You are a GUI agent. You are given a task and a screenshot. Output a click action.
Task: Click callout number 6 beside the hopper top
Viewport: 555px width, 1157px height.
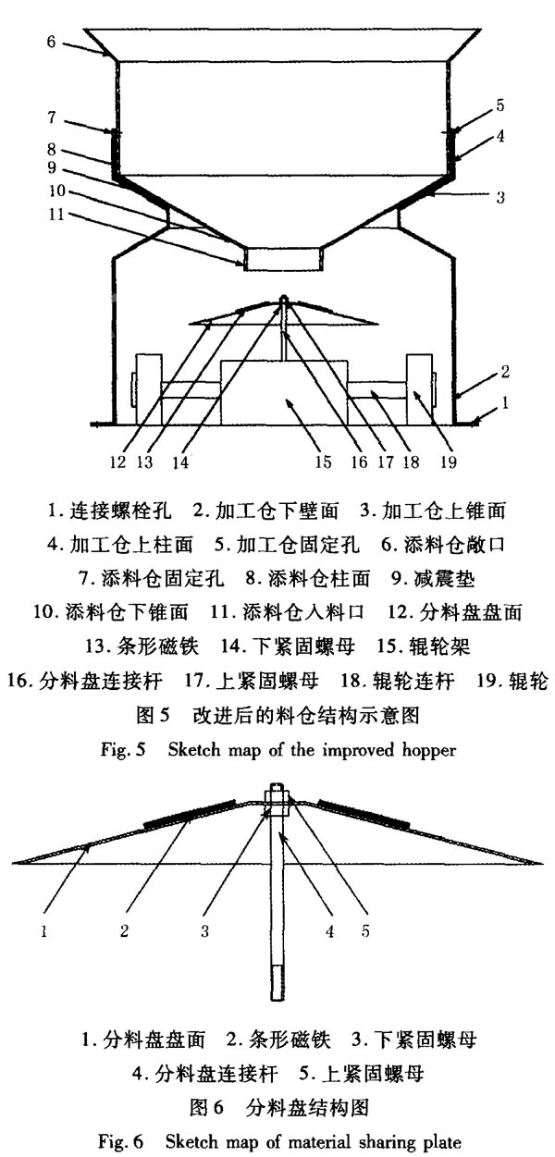pyautogui.click(x=51, y=41)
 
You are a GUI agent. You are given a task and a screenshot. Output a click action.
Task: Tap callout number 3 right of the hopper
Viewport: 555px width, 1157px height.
pyautogui.click(x=499, y=197)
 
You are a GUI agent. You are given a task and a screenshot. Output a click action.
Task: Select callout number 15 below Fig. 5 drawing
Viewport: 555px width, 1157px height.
pyautogui.click(x=323, y=462)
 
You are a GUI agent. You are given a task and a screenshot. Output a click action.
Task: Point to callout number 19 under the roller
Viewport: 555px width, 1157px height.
pyautogui.click(x=449, y=462)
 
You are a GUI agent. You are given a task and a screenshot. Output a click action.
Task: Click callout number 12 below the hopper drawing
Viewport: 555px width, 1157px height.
pyautogui.click(x=117, y=462)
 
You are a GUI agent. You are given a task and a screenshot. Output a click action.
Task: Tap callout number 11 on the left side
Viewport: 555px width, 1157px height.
pyautogui.click(x=55, y=214)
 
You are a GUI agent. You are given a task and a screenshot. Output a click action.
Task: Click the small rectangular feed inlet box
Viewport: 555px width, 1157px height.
pyautogui.click(x=284, y=259)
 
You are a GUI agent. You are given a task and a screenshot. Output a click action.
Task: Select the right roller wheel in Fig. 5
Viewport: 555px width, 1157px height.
pyautogui.click(x=419, y=389)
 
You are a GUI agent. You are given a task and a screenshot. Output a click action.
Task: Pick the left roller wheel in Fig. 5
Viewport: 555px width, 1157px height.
pyautogui.click(x=148, y=389)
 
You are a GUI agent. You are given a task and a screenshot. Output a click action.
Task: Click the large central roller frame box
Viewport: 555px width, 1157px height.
pyautogui.click(x=284, y=393)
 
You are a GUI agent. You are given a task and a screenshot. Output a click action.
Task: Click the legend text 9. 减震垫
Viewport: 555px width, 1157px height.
pyautogui.click(x=433, y=579)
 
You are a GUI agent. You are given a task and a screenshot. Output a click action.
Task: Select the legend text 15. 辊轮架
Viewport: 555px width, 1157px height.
pyautogui.click(x=423, y=646)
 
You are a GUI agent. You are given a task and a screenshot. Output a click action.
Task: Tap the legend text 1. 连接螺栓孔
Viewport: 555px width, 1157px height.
pyautogui.click(x=109, y=511)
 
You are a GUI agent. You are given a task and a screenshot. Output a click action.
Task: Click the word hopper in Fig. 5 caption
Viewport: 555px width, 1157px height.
pyautogui.click(x=429, y=750)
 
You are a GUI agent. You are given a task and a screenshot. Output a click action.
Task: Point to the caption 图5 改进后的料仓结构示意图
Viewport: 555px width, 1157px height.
pyautogui.click(x=277, y=715)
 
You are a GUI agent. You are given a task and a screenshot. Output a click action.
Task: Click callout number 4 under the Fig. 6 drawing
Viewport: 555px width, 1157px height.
pyautogui.click(x=329, y=930)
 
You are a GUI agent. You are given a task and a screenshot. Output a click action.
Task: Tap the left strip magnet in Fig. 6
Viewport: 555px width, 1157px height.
pyautogui.click(x=189, y=814)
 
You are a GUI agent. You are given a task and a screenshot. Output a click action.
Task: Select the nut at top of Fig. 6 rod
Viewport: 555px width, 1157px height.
pyautogui.click(x=277, y=800)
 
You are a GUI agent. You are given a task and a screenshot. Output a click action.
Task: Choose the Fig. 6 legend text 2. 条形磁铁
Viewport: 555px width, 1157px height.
pyautogui.click(x=278, y=1039)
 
